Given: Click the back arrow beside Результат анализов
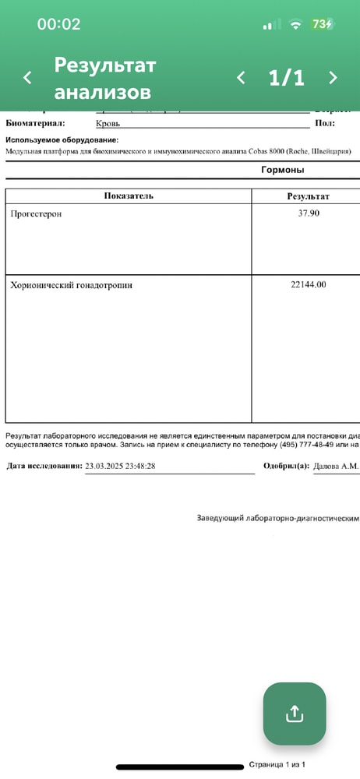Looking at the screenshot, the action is [27, 78].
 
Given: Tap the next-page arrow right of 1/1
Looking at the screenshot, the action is [333, 78].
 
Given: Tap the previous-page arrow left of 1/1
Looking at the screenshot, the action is [241, 78].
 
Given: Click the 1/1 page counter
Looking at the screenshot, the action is [286, 78].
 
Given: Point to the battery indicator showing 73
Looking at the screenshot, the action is [323, 24].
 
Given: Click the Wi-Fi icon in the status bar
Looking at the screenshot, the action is [295, 24].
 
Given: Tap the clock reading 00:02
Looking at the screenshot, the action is [58, 24].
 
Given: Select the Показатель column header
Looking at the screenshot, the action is [129, 196].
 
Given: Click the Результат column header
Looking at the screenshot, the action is [308, 196].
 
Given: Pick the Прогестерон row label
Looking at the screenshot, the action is [36, 213].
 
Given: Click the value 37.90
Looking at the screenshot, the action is [309, 213].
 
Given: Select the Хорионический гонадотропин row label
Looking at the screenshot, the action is [71, 285].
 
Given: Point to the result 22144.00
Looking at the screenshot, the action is [308, 285].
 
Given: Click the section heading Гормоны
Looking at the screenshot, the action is [282, 170].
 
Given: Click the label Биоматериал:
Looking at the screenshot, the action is [35, 123].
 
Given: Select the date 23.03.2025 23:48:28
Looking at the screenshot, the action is [132, 466].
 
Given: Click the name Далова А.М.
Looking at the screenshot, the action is [335, 466].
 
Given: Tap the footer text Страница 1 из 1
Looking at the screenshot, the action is [277, 765].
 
